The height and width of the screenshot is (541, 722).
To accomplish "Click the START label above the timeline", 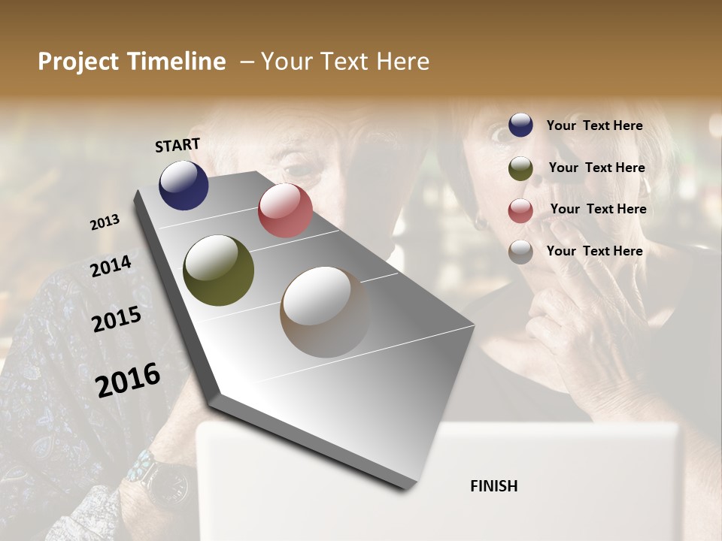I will (177, 144).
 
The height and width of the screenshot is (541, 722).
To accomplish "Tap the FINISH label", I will (493, 486).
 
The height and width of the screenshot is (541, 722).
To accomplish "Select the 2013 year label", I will (105, 222).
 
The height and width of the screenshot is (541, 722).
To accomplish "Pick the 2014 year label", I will (111, 266).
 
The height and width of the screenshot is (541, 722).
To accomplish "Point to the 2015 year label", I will (117, 319).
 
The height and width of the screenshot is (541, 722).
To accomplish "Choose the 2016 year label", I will (128, 380).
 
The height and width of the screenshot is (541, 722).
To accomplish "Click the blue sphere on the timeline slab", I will (184, 185).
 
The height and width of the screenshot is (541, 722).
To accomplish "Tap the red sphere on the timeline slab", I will (285, 210).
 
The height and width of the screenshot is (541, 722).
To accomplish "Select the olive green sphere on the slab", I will (218, 270).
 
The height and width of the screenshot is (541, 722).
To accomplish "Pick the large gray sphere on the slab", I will (324, 312).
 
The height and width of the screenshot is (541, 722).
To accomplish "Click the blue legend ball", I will (520, 125).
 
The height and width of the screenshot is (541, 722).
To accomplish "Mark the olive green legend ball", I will (520, 168).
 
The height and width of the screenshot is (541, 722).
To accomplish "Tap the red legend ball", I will (520, 210).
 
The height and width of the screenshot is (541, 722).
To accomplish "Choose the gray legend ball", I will (520, 252).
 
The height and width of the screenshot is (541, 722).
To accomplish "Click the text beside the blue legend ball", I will (594, 125).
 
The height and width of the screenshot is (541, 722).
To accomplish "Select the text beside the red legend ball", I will (598, 209).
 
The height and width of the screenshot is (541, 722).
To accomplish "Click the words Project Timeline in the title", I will (132, 62).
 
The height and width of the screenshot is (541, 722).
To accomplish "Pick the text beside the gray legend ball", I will (594, 251).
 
